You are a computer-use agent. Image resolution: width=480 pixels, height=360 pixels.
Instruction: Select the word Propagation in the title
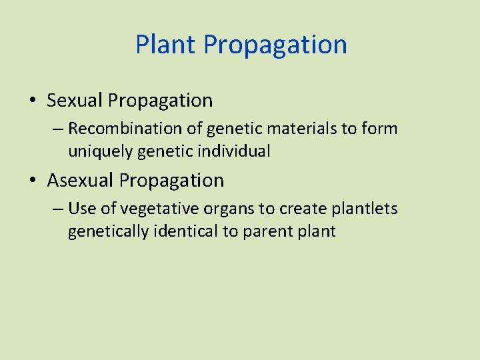point(275,45)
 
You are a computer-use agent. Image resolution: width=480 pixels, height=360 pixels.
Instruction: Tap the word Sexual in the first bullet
point(75,101)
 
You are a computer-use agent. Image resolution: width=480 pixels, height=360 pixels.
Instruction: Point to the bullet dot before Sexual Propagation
point(33,101)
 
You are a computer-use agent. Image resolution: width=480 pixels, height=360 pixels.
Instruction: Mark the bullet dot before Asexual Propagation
point(33,181)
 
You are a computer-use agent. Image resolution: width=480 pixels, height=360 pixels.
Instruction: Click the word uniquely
point(99,151)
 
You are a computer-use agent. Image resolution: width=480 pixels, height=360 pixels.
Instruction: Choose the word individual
point(237,151)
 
